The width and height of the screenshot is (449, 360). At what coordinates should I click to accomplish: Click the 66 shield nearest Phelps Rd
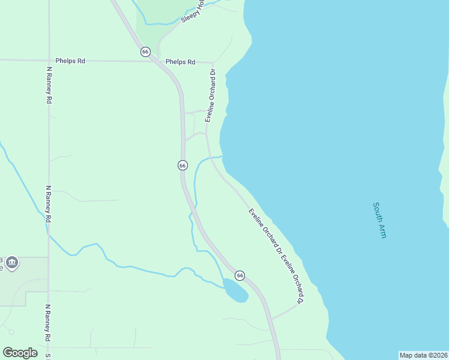click(145, 52)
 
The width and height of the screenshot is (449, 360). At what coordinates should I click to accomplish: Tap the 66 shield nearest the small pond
click(240, 275)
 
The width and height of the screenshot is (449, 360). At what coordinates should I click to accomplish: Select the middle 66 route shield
click(182, 165)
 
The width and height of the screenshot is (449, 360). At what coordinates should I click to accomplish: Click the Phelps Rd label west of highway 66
click(70, 61)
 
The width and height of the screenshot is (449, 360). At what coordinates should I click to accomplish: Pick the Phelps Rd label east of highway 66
click(181, 62)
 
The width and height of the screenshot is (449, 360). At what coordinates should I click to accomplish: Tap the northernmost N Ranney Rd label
click(49, 85)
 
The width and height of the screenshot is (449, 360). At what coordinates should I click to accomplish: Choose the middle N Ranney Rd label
click(47, 204)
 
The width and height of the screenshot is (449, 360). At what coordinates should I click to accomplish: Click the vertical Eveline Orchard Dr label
click(211, 95)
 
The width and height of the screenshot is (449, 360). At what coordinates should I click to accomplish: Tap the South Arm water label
click(379, 220)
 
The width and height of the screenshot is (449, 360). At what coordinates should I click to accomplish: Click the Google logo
click(20, 353)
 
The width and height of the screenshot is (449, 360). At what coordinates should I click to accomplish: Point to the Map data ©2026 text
click(423, 355)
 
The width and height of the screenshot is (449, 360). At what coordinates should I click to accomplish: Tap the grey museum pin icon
click(11, 263)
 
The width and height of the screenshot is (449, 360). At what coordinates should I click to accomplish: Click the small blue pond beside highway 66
click(235, 291)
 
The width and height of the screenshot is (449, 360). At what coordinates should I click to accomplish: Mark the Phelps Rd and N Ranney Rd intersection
click(49, 61)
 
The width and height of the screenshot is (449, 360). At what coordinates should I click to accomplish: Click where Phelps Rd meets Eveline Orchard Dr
click(213, 62)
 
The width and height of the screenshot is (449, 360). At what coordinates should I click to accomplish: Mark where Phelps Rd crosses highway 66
click(157, 61)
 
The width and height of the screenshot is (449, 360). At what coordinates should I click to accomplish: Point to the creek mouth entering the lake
click(221, 157)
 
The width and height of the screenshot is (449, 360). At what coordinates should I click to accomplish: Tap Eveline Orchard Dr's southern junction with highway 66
click(271, 319)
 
